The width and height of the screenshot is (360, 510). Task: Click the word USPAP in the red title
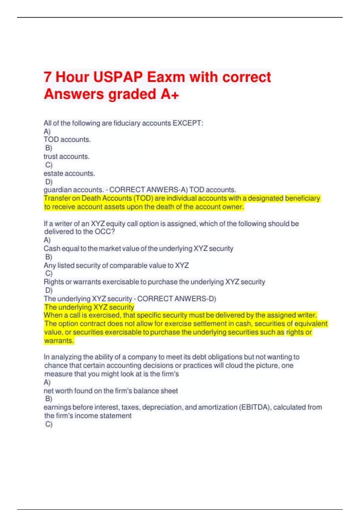click(x=118, y=77)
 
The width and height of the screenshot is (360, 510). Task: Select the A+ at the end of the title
click(x=170, y=94)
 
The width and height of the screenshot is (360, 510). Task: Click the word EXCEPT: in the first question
click(x=188, y=123)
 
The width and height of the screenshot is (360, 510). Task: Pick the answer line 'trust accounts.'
click(x=67, y=156)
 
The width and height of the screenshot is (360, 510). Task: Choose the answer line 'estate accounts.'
click(x=69, y=173)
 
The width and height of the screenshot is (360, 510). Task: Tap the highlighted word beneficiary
click(x=303, y=198)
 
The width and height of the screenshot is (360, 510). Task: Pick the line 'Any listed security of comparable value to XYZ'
click(x=116, y=265)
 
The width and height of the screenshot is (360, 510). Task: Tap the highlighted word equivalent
click(x=311, y=324)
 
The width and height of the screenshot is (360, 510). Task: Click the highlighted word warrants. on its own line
click(x=59, y=341)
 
